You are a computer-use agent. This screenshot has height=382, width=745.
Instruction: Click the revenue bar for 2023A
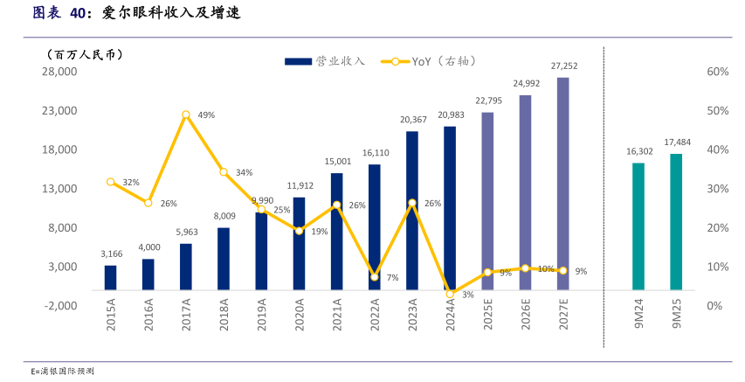[x=411, y=210]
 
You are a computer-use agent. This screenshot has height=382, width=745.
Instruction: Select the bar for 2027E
[x=562, y=184]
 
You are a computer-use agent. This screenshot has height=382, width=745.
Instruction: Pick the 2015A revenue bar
[x=110, y=277]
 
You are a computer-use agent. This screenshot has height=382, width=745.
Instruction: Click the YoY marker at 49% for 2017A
[x=186, y=115]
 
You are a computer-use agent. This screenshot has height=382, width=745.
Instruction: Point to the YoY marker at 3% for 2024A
[x=450, y=294]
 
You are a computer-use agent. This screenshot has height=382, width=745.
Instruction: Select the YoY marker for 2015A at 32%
[x=111, y=182]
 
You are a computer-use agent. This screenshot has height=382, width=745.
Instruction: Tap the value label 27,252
[x=563, y=66]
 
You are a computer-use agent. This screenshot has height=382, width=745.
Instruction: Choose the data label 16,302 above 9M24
[x=638, y=151]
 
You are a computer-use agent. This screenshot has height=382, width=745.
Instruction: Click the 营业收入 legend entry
[x=325, y=61]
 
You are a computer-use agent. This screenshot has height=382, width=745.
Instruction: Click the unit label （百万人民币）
[x=85, y=54]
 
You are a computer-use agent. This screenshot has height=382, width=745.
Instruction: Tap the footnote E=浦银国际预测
[x=61, y=371]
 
